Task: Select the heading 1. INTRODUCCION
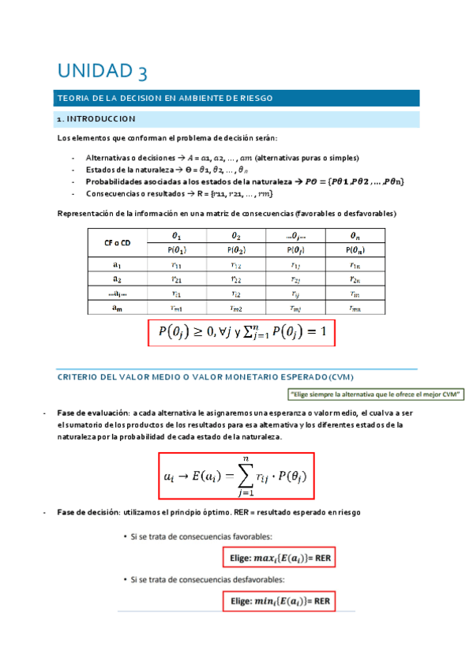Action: [97, 120]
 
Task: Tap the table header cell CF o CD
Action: [117, 242]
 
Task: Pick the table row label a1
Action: [117, 266]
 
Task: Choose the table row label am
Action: [117, 308]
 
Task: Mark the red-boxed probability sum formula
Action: [242, 333]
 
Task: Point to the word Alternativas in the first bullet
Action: [105, 157]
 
